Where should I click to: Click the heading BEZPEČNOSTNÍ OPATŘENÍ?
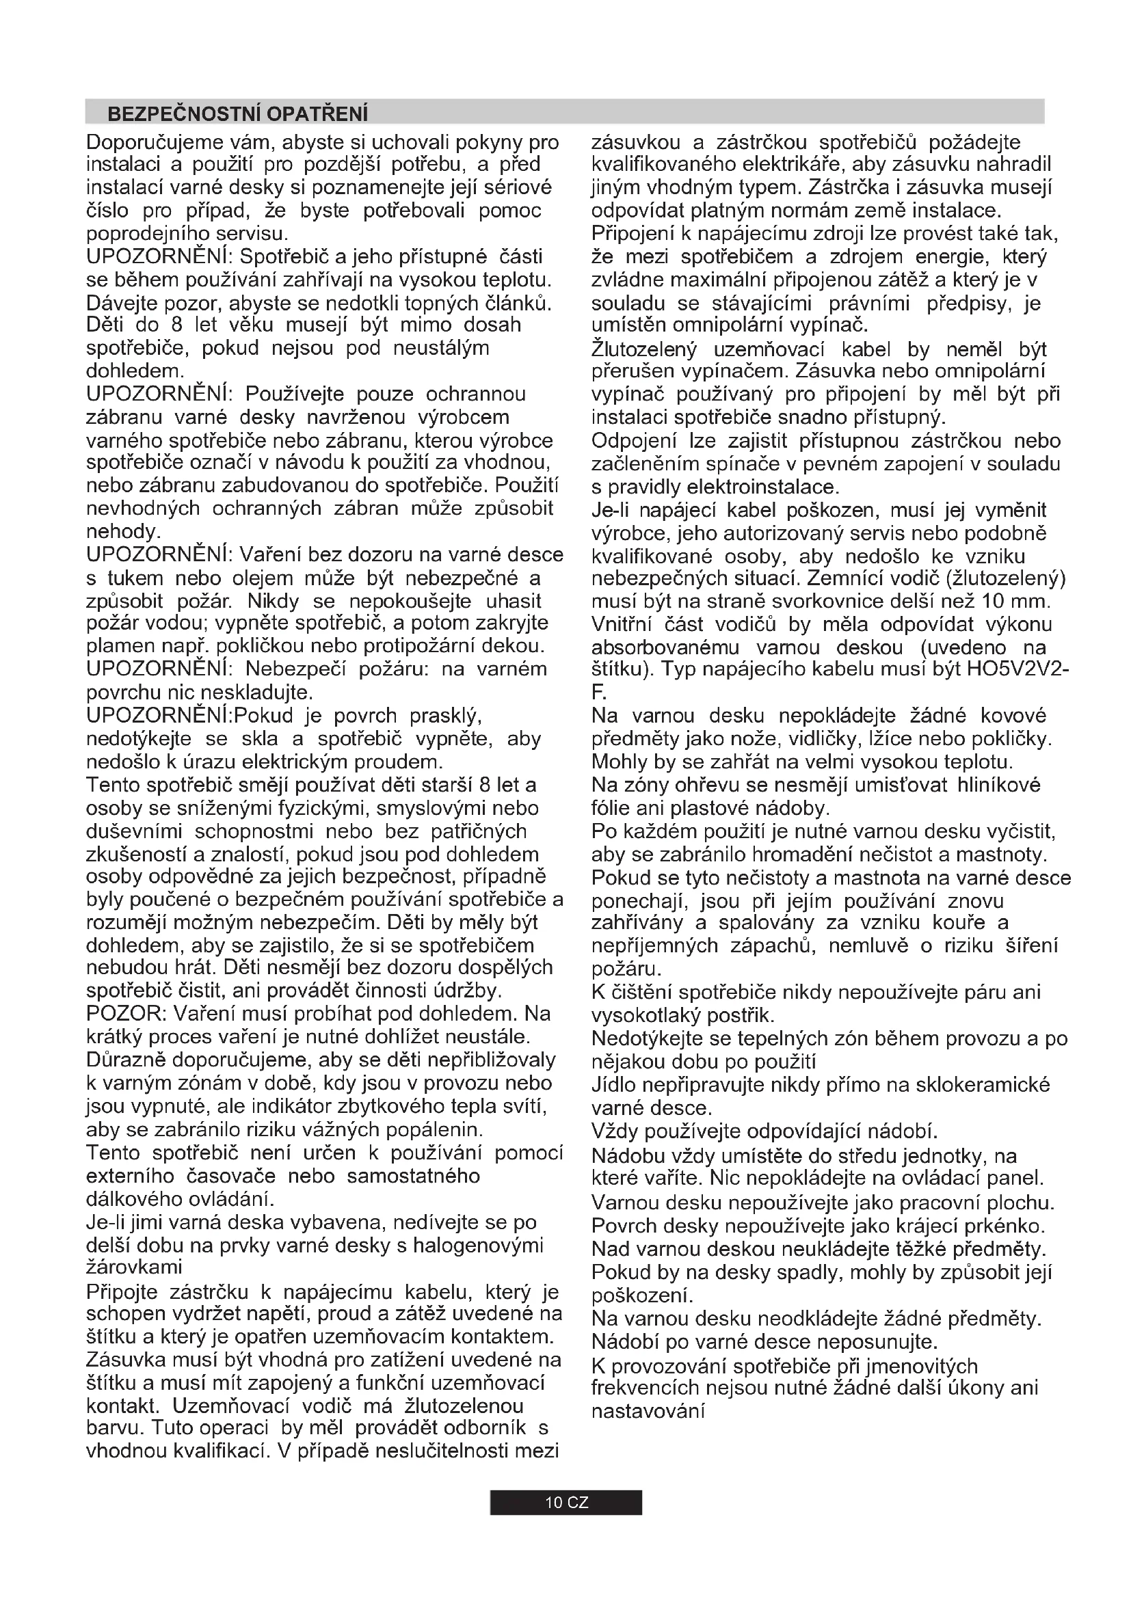[x=237, y=113]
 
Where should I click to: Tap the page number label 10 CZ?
[x=566, y=1502]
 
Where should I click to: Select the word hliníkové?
[x=998, y=785]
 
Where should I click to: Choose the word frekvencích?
[x=646, y=1387]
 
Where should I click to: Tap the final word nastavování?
[x=648, y=1411]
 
